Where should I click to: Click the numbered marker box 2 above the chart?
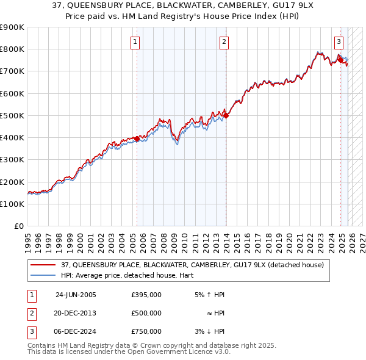coord(224,42)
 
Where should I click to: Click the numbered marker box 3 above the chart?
coord(339,42)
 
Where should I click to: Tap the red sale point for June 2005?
coord(137,139)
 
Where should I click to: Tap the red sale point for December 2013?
coord(226,115)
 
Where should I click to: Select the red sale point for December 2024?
coord(340,60)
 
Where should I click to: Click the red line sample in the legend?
coord(43,265)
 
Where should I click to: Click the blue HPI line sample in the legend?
coord(43,275)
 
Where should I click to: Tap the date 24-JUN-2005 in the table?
coord(76,295)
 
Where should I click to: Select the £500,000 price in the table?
coord(146,313)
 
